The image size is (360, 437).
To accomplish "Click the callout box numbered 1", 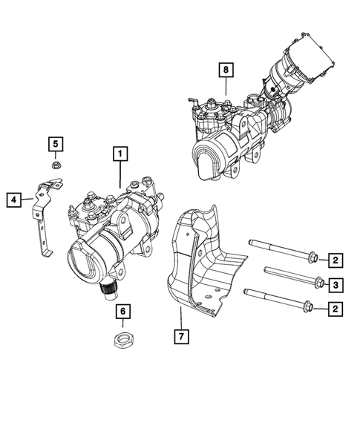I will tap(118, 154).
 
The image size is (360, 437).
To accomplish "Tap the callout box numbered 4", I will tap(13, 198).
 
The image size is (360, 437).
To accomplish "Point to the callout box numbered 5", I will tap(56, 142).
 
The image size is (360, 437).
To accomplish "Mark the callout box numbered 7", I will tap(180, 336).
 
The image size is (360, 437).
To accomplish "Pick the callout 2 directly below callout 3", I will tap(336, 307).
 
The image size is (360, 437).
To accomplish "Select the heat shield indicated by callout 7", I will tap(200, 260).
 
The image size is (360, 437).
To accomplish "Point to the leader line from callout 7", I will tap(180, 315).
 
